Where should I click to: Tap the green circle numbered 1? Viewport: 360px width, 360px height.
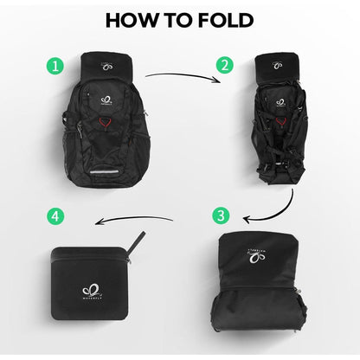56,65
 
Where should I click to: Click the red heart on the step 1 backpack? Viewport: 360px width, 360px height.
105,126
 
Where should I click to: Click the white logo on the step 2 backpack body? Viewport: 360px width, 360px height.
279,101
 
